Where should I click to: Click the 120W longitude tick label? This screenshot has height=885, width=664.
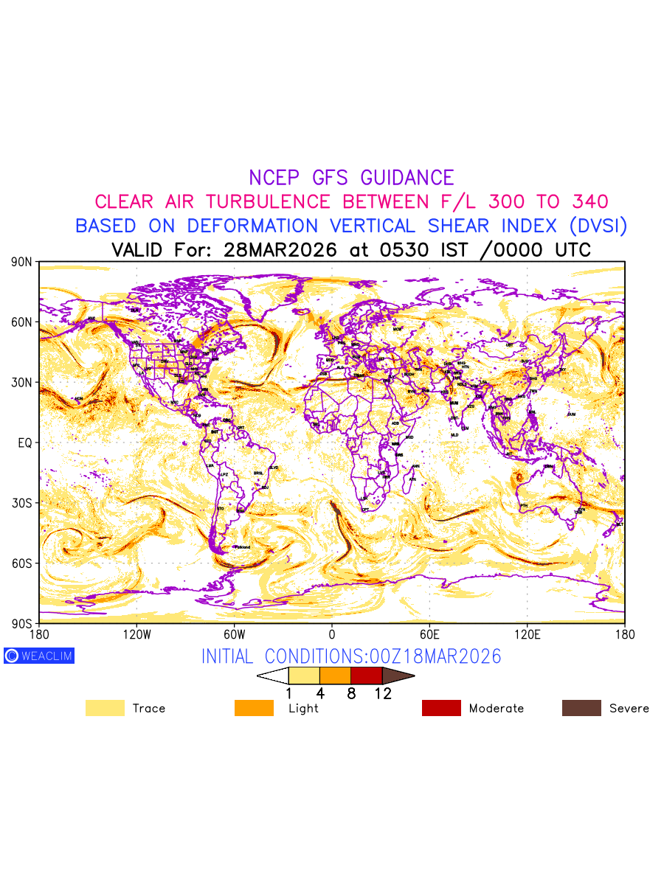click(136, 634)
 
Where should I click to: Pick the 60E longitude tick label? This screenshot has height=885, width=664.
click(429, 634)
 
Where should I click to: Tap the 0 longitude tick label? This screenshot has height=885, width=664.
click(332, 634)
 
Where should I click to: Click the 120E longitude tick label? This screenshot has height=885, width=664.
click(527, 634)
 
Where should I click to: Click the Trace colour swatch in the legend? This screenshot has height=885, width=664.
click(105, 708)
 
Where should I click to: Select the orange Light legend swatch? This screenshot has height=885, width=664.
click(254, 708)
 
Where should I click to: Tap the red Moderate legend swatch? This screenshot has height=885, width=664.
click(441, 708)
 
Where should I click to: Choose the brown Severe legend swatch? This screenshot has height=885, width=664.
click(581, 708)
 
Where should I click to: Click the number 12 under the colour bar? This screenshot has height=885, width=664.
click(382, 693)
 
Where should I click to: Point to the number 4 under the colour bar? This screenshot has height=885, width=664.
click(320, 693)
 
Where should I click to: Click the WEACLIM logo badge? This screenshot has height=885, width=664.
click(39, 656)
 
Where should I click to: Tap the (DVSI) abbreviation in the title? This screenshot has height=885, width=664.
click(595, 226)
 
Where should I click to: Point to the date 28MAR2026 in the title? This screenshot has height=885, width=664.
click(280, 250)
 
